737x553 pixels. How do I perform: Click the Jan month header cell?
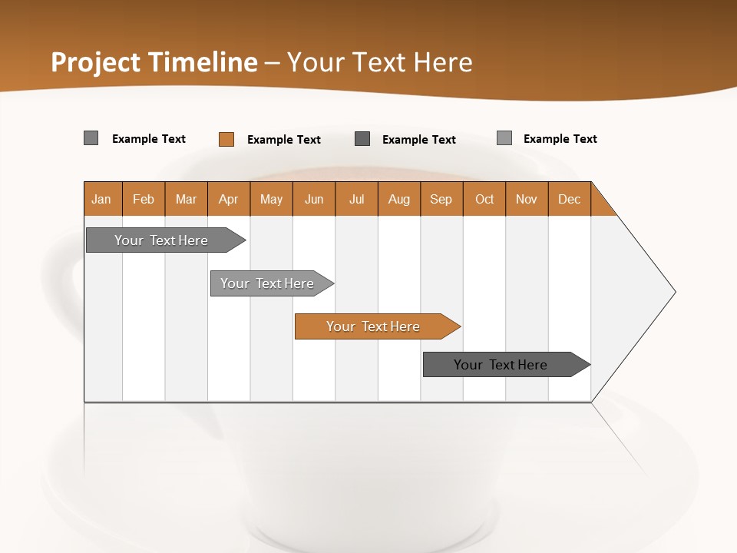tap(101, 199)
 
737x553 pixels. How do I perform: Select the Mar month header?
tap(186, 199)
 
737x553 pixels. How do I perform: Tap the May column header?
tap(271, 199)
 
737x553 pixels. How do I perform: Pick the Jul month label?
tap(356, 199)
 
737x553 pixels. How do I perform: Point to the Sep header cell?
tap(441, 199)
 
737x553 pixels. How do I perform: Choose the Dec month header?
tap(569, 199)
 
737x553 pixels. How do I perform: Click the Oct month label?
tap(484, 199)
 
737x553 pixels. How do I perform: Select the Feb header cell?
tap(144, 199)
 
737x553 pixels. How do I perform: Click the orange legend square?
tap(226, 139)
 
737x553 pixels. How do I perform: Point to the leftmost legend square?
tap(91, 138)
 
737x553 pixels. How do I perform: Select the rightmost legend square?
tap(504, 138)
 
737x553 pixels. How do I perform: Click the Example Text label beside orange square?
tap(283, 140)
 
